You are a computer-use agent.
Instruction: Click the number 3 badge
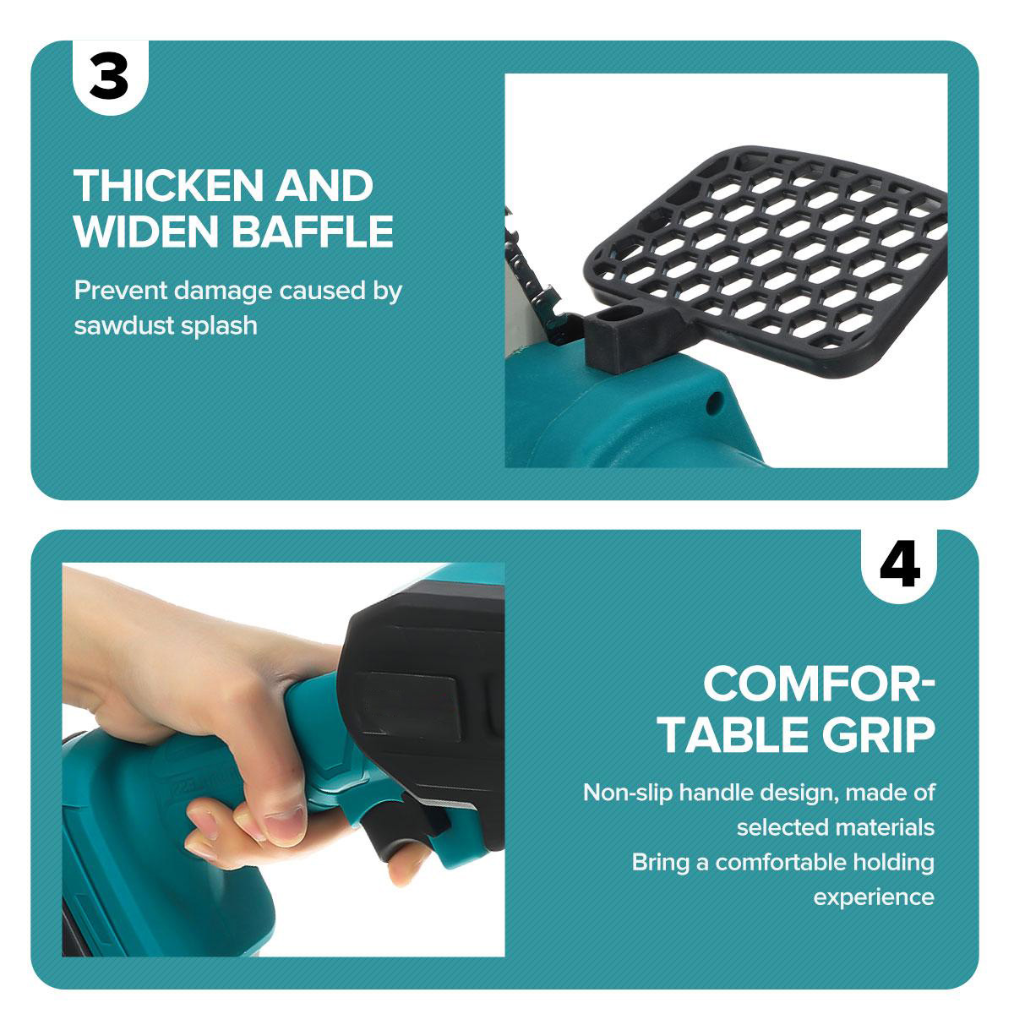tap(111, 78)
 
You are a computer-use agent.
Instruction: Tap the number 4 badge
tap(899, 567)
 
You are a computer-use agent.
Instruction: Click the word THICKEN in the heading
tap(168, 185)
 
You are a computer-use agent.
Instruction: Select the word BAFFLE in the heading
tap(313, 231)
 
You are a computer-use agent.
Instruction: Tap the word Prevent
tap(121, 290)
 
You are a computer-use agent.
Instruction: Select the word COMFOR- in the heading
tap(819, 684)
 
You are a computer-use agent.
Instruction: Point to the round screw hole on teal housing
tap(713, 403)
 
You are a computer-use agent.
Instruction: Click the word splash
tap(219, 325)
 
